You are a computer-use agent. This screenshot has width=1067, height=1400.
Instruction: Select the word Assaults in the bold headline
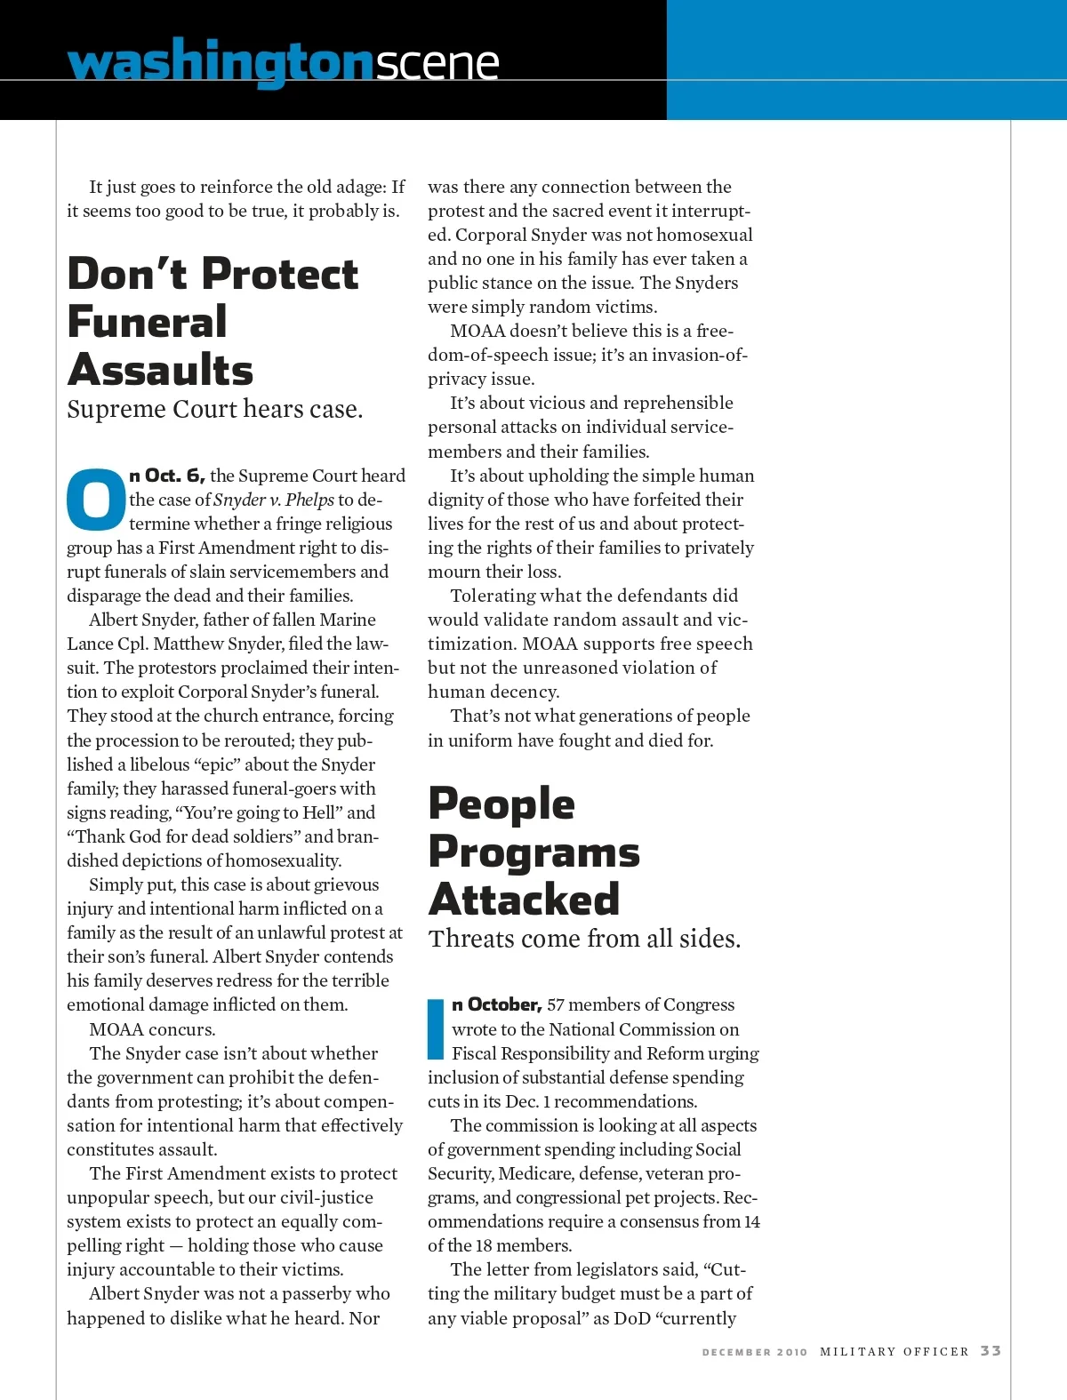[160, 370]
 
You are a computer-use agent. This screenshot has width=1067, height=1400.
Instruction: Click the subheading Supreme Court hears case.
[214, 410]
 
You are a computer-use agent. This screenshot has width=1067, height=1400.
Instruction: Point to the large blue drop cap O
[96, 499]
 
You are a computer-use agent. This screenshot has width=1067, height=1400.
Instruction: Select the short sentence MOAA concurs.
[152, 1029]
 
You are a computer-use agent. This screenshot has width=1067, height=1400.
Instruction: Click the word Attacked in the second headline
[524, 899]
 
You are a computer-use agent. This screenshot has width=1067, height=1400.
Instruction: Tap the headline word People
[501, 804]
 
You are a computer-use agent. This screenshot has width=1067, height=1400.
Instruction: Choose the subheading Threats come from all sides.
[584, 940]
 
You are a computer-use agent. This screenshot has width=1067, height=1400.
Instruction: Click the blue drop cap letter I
[436, 1029]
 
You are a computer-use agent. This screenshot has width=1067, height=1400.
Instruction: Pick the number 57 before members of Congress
[556, 1004]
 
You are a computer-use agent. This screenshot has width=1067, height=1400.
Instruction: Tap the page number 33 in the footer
[991, 1351]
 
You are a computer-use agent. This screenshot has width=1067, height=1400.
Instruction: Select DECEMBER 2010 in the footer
[755, 1352]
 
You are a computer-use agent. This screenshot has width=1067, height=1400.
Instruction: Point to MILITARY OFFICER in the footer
[894, 1351]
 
